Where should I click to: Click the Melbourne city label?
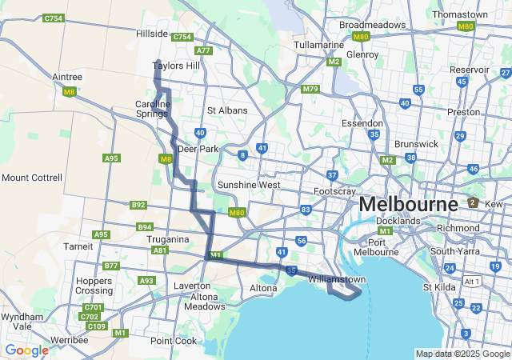point(408,204)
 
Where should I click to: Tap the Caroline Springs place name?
point(152,110)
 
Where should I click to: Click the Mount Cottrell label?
point(31,177)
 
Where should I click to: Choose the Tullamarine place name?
point(318,45)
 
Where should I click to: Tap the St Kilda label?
point(439,286)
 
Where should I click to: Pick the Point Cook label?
point(174,341)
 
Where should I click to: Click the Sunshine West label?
point(249,185)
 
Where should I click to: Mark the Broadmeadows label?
point(373,25)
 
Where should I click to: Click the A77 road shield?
point(203,50)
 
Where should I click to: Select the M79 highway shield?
point(310,89)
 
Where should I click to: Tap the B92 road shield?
point(138,205)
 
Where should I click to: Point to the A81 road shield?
point(160,250)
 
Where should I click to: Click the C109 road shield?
point(97,326)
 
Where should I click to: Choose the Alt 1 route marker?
point(472,282)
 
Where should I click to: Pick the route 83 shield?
point(306,210)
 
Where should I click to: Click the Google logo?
point(26,350)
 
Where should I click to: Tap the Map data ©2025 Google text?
point(462,354)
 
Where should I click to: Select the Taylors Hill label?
point(177,66)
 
